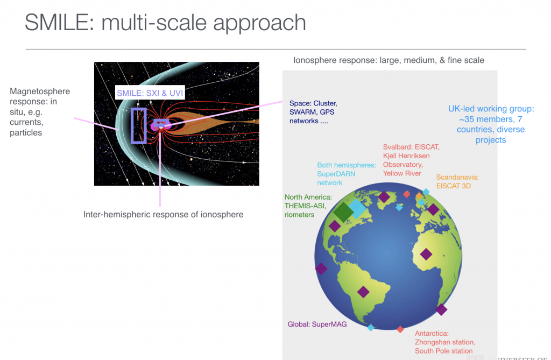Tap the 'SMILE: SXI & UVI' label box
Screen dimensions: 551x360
coord(150,93)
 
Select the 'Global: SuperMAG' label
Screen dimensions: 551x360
coord(317,324)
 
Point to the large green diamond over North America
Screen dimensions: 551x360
coord(343,211)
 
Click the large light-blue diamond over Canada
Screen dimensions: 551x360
coord(357,208)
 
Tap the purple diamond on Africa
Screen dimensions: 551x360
coord(426,254)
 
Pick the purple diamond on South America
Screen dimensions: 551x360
coord(363,292)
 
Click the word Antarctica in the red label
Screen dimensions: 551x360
coord(432,333)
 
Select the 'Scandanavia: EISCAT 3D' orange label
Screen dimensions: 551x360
coord(457,181)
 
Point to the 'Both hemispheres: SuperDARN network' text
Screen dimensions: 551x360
coord(346,174)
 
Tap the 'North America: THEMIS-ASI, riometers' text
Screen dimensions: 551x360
coord(308,206)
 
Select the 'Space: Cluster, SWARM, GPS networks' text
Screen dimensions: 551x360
coord(313,112)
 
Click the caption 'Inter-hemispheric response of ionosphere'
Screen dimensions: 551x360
coord(163,215)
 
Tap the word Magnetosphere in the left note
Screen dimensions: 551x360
coord(40,91)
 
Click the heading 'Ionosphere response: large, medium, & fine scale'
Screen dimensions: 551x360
coord(388,60)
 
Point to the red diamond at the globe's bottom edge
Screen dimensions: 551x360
coord(400,329)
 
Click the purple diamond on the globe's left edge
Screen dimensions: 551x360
coord(321,269)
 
